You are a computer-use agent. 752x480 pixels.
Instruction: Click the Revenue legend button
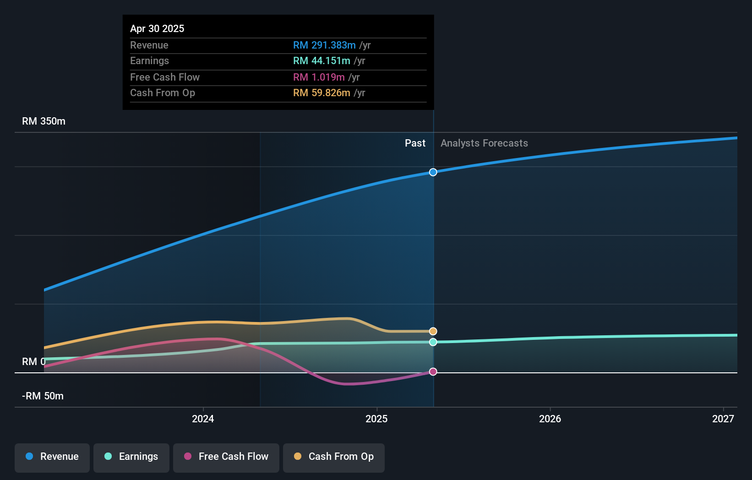coord(52,457)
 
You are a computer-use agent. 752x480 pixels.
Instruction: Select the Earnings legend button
coord(131,457)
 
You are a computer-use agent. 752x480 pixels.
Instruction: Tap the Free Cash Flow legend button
coord(226,457)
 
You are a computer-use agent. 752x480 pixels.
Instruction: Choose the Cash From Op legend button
coord(334,457)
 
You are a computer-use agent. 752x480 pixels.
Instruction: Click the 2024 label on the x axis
coord(203,419)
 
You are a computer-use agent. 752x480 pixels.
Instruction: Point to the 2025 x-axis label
coord(376,419)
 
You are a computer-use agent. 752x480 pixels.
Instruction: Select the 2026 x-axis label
coord(550,419)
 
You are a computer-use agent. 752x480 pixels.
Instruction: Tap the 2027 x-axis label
coord(723,419)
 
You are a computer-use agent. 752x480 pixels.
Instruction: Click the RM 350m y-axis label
coord(44,121)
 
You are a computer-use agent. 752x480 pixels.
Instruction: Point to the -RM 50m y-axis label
coord(43,396)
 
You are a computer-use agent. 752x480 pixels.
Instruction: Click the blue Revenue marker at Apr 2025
coord(433,172)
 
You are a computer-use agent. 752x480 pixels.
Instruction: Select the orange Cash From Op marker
coord(433,331)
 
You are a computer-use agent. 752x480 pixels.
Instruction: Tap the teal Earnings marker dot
coord(433,342)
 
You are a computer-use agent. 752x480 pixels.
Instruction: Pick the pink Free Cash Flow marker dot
coord(433,371)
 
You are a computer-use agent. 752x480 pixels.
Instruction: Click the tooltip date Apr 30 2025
coord(157,29)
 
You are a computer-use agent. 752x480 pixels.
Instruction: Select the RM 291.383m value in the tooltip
coord(324,45)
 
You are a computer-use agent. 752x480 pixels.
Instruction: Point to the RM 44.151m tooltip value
coord(322,61)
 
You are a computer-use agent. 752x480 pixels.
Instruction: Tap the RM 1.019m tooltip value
coord(319,77)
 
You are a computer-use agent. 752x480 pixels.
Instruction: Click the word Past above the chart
coord(415,143)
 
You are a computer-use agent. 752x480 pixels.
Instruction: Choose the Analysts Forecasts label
coord(484,143)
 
